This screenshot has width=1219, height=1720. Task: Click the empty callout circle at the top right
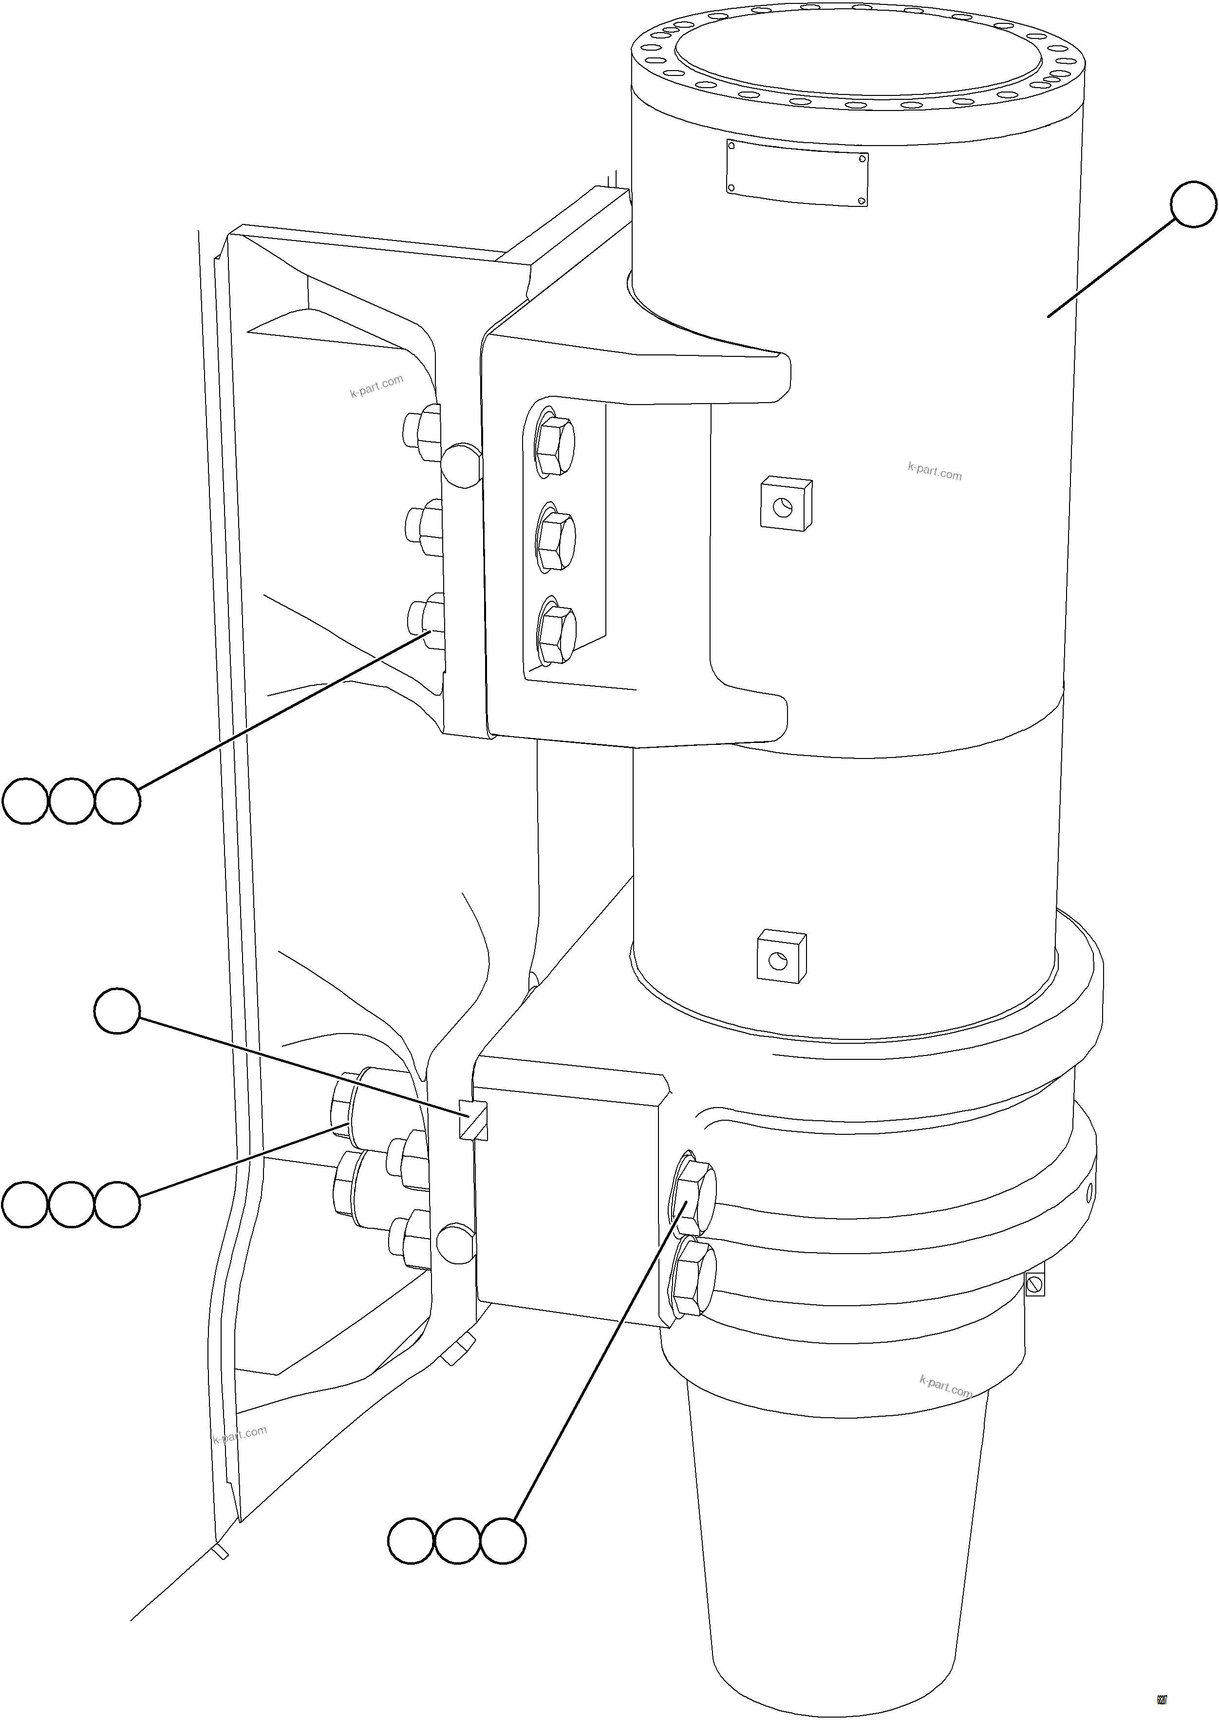1193,203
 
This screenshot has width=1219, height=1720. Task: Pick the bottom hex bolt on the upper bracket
557,634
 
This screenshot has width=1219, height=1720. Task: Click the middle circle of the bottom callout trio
457,1542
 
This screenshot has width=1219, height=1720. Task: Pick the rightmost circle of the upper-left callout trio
117,801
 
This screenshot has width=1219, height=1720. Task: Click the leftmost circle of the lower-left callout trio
25,1204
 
